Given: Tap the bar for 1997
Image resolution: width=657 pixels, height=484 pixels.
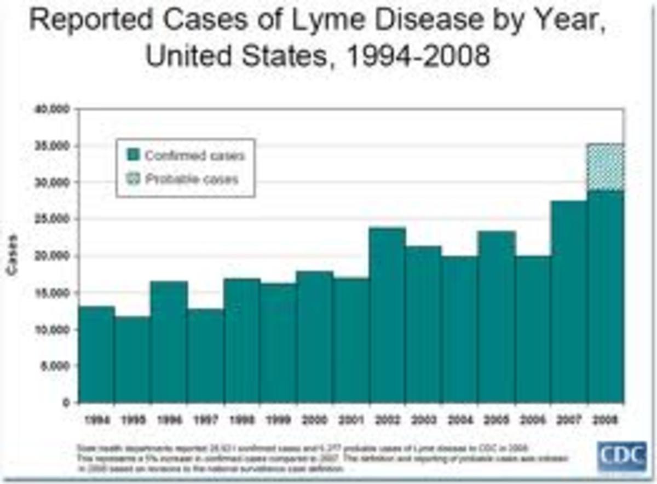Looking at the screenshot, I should pyautogui.click(x=205, y=356).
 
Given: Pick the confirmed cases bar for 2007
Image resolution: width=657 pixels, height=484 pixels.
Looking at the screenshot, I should pyautogui.click(x=569, y=301).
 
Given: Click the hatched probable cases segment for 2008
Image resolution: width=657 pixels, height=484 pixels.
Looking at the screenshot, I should pyautogui.click(x=606, y=168).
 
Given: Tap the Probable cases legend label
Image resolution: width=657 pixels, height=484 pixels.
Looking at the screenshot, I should pyautogui.click(x=192, y=179).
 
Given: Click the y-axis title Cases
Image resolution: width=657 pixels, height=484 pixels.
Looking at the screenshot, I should pyautogui.click(x=11, y=255).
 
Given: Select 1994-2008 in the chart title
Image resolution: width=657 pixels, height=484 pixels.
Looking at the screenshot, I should pyautogui.click(x=407, y=56).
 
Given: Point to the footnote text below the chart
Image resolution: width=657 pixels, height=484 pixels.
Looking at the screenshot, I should pyautogui.click(x=323, y=459).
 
